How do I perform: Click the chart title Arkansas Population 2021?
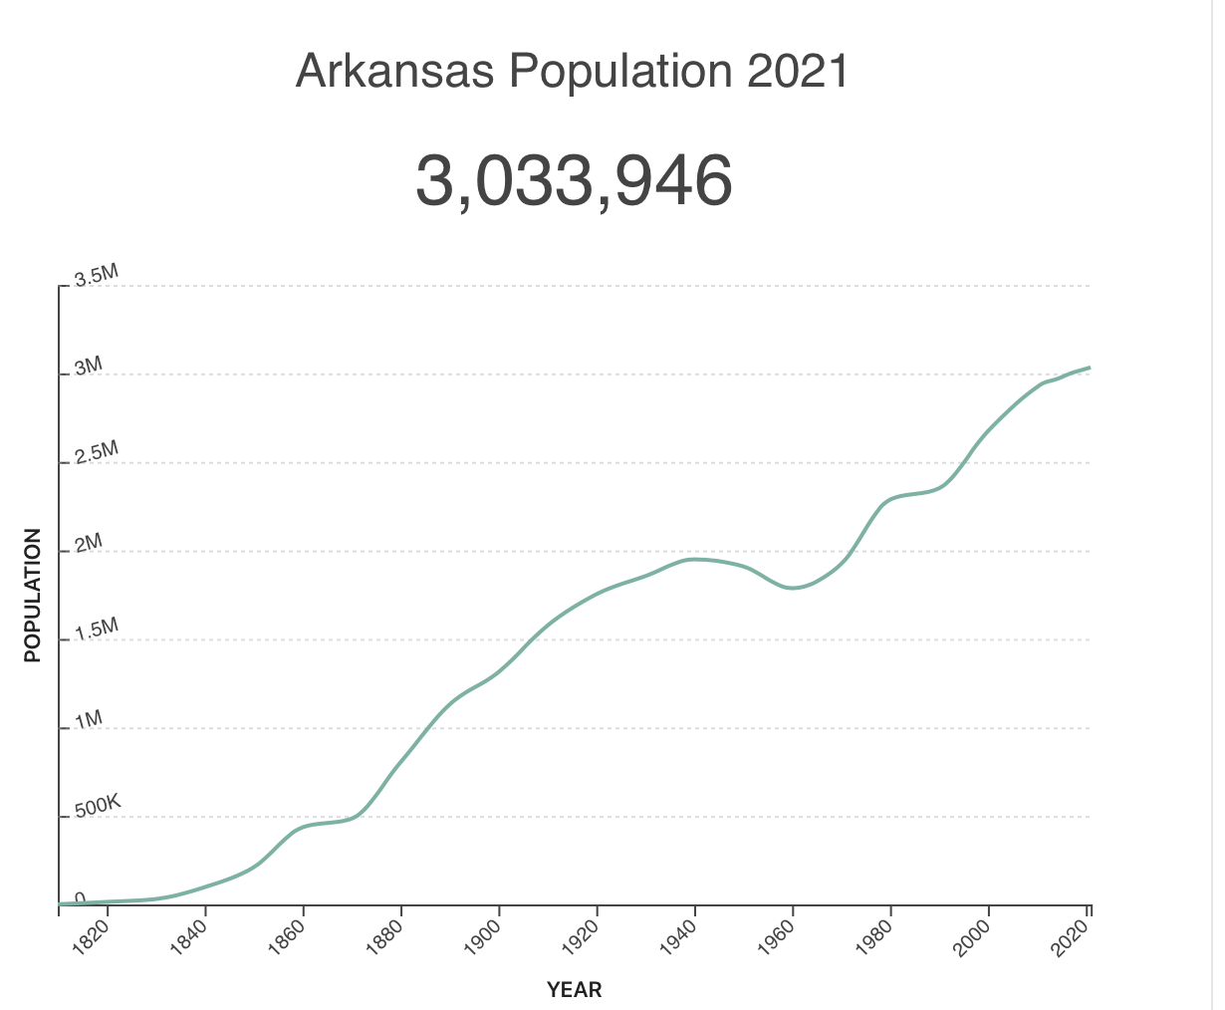click(x=573, y=72)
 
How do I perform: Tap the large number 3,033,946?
click(x=574, y=181)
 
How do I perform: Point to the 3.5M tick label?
click(x=96, y=276)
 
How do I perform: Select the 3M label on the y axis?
click(x=88, y=365)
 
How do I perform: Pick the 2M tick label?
click(x=88, y=542)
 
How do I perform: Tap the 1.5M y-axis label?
click(x=96, y=629)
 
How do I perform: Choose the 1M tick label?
click(x=88, y=719)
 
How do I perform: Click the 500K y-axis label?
click(x=97, y=805)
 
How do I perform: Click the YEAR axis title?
click(x=575, y=990)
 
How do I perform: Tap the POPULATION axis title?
click(x=33, y=595)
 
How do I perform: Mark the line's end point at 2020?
click(x=1090, y=368)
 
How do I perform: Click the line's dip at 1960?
click(x=793, y=588)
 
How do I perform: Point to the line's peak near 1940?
click(x=695, y=559)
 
